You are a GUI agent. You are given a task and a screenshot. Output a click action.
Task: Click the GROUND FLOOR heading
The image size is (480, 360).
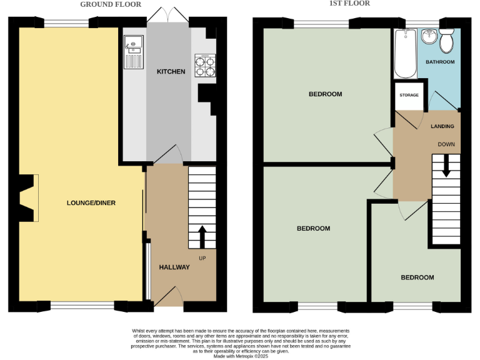click(x=110, y=4)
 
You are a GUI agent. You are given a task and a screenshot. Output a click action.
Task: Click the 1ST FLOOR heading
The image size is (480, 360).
click(x=349, y=3)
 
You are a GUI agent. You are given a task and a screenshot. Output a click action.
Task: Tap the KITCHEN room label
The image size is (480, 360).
click(x=171, y=71)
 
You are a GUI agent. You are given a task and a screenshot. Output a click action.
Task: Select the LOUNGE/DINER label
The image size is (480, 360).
click(x=91, y=202)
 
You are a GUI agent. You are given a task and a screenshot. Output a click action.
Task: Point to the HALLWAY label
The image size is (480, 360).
click(x=174, y=267)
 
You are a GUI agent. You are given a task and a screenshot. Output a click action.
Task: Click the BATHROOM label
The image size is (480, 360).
click(x=440, y=62)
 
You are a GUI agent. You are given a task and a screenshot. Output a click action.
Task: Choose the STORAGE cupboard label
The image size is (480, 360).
click(x=409, y=95)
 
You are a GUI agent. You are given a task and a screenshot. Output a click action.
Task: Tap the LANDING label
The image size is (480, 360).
click(x=442, y=126)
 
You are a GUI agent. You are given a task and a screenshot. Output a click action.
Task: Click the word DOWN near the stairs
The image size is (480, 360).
click(x=446, y=144)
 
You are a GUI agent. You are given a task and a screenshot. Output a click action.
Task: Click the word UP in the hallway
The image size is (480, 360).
click(x=202, y=258)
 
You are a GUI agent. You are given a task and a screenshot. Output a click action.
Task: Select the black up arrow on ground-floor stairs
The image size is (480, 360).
click(x=202, y=236)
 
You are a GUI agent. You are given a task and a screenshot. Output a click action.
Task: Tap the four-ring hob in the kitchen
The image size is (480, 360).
click(x=205, y=65)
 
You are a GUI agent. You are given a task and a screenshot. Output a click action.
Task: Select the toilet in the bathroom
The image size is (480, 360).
click(x=447, y=41)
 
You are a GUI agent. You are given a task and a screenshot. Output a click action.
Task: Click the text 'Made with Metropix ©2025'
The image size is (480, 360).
click(x=240, y=356)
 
